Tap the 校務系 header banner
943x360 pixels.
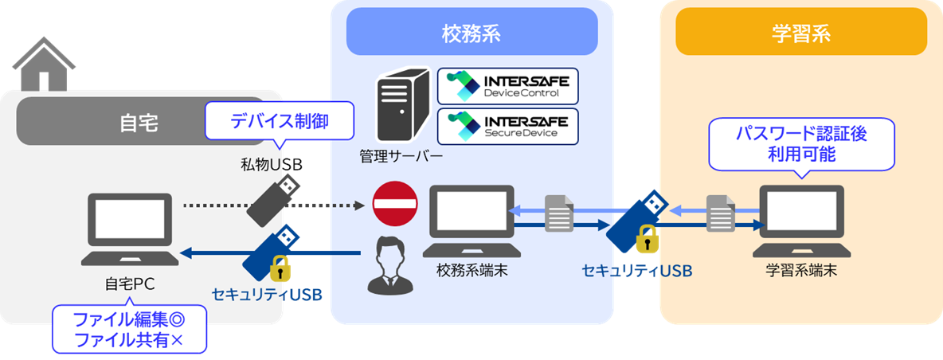click(471, 34)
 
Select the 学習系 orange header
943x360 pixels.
click(800, 34)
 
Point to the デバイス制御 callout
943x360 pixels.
click(279, 120)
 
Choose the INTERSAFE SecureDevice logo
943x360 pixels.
click(508, 127)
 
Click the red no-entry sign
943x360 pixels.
click(395, 203)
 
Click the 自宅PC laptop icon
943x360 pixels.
click(127, 230)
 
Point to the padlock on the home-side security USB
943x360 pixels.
click(280, 268)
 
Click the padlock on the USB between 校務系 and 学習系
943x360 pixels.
click(647, 238)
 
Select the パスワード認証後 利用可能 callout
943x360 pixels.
click(801, 143)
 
